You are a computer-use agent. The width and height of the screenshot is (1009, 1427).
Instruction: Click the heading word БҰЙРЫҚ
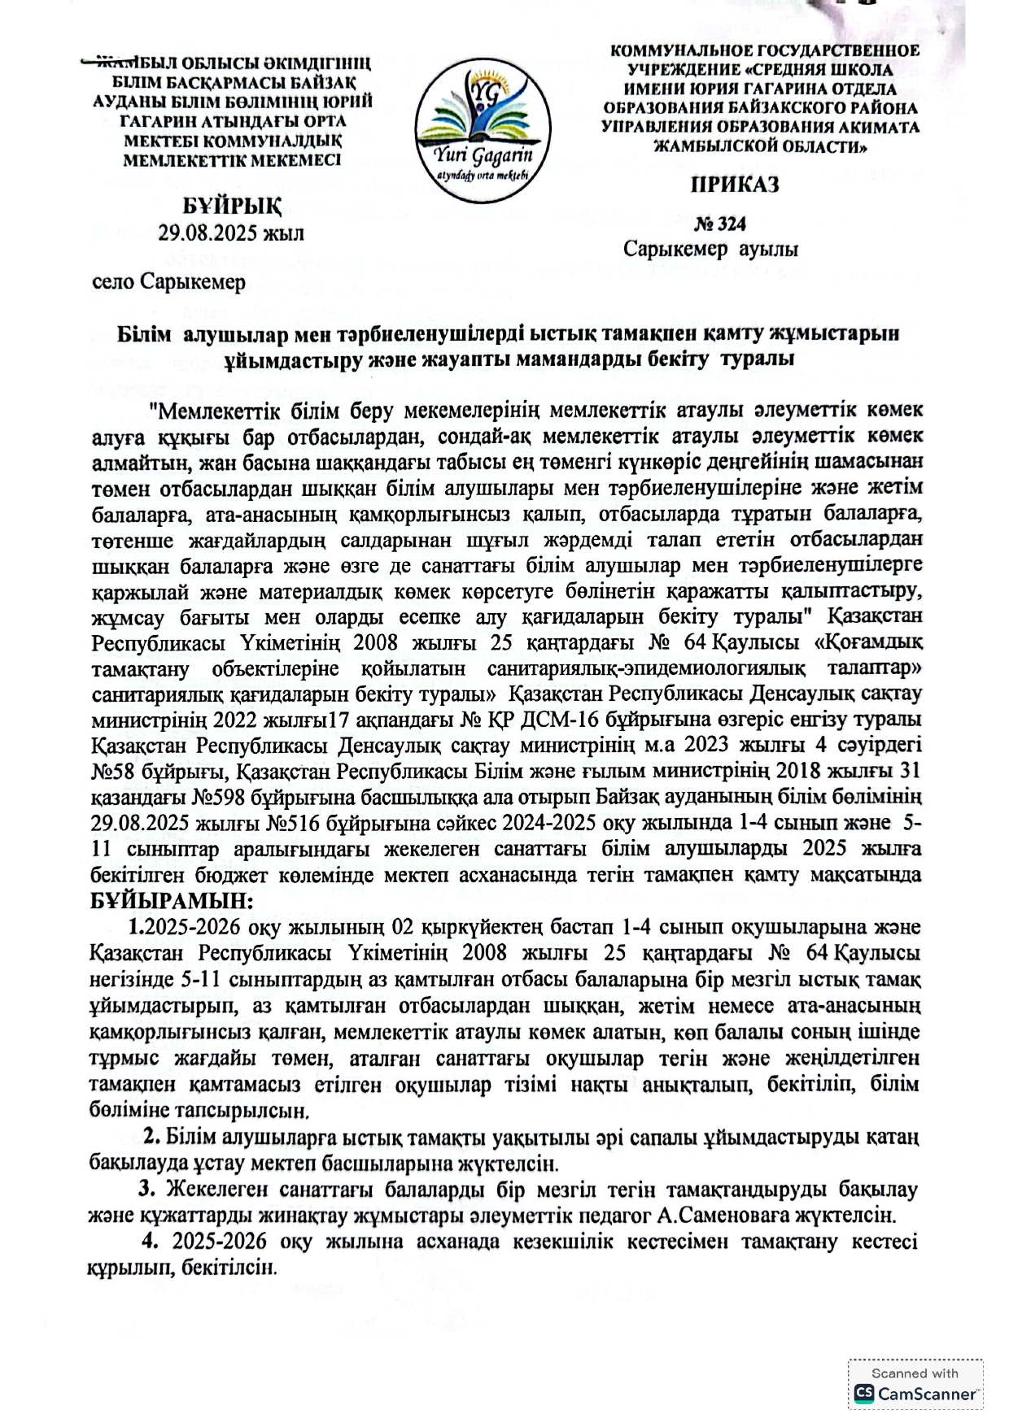[232, 205]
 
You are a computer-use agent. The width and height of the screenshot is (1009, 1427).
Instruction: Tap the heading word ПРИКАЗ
[734, 185]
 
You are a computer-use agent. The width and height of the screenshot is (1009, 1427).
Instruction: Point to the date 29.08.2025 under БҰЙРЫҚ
[231, 233]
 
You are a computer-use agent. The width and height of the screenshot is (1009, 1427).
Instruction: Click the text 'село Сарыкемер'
[168, 281]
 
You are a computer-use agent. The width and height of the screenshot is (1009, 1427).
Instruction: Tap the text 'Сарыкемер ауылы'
[710, 249]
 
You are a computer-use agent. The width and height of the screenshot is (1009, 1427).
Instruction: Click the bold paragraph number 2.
[151, 1136]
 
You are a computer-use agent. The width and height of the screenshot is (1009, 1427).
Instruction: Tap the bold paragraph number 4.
[150, 1242]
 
